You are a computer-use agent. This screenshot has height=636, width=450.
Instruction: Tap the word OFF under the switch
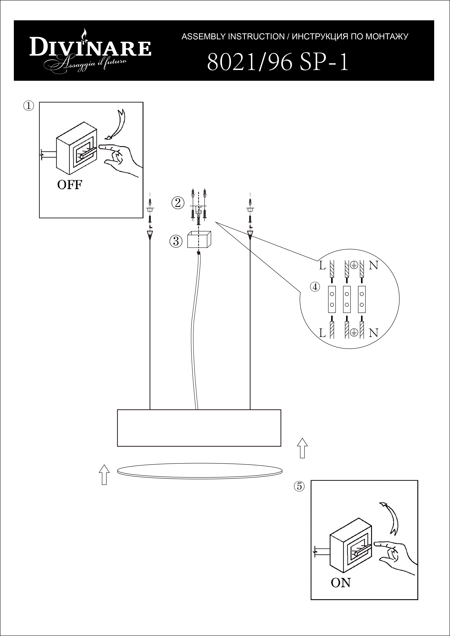pos(70,185)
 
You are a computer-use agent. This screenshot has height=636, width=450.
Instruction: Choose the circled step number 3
pos(176,241)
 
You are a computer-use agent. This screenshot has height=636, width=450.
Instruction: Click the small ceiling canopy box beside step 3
pos(199,240)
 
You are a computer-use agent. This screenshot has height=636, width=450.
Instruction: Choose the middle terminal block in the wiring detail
pos(346,299)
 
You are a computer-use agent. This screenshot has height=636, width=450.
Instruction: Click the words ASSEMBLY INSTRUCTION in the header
pos(233,37)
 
